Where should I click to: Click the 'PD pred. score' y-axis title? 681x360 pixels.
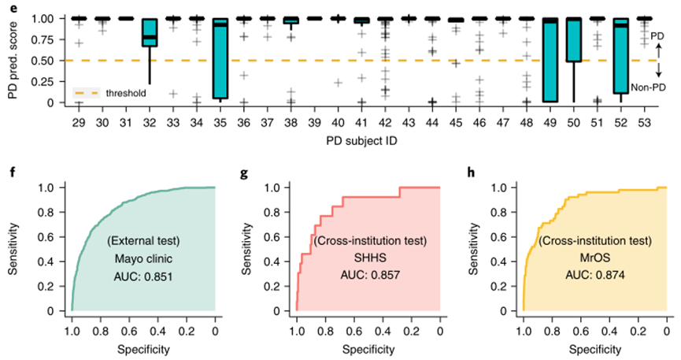coord(12,56)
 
